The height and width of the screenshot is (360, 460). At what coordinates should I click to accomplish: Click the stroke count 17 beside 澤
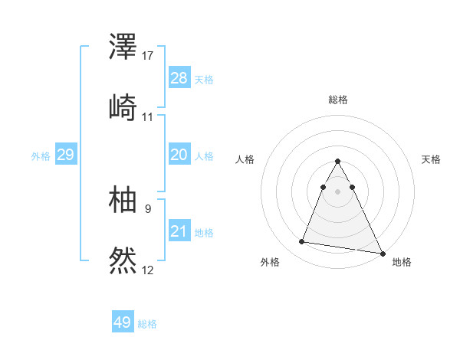point(148,56)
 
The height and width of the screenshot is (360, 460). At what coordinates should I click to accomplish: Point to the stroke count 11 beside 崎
point(148,116)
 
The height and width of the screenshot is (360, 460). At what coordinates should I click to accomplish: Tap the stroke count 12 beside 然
point(148,269)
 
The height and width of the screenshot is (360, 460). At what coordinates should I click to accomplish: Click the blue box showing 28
point(179,78)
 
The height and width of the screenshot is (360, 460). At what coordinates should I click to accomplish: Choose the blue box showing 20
point(179,155)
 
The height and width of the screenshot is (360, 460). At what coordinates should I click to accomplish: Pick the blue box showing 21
point(179,231)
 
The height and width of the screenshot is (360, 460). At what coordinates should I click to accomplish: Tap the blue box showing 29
point(65,155)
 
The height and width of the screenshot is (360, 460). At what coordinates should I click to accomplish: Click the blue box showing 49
point(123,322)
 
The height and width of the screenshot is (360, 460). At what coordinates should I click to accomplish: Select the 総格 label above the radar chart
point(338,100)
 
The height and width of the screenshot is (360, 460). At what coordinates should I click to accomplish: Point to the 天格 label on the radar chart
point(431,159)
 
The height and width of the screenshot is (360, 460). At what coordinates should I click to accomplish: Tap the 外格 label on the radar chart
point(270,262)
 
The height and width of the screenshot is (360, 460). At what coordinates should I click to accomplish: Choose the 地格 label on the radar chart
point(402,262)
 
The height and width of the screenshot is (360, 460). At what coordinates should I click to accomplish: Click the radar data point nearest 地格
point(383,254)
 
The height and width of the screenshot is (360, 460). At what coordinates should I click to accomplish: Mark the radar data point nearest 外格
point(302,242)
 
